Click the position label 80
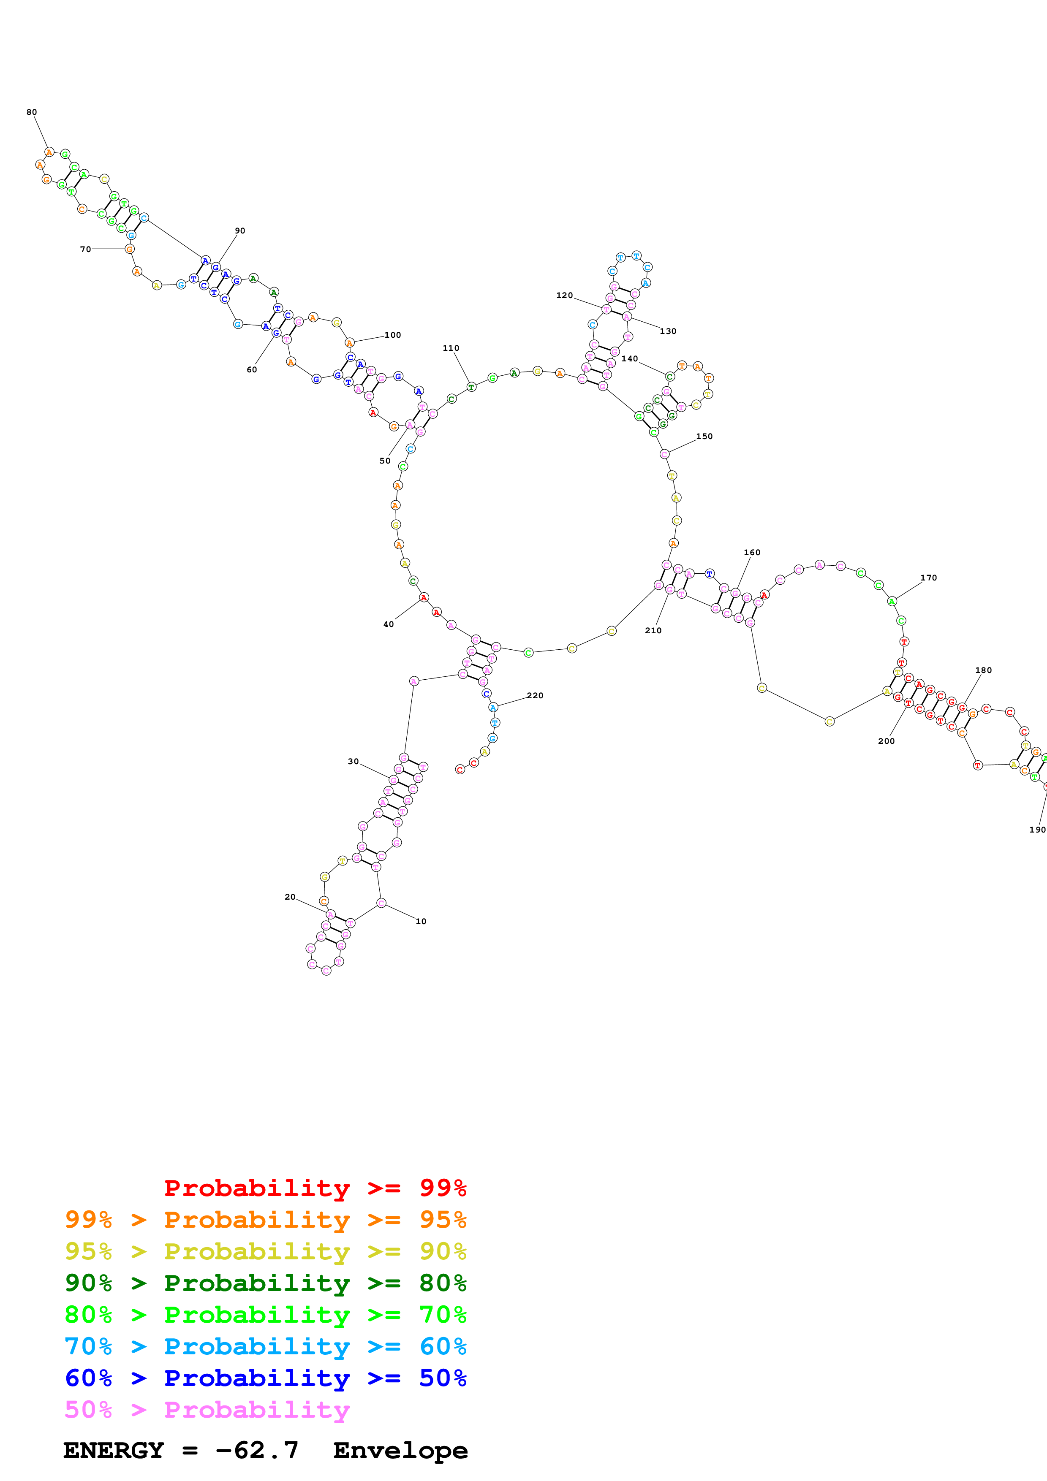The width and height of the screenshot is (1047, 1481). (32, 112)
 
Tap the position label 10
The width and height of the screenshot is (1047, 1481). (421, 921)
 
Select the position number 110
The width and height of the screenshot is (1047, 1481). (451, 348)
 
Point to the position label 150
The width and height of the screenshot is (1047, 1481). (704, 436)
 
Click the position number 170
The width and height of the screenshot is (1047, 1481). (928, 578)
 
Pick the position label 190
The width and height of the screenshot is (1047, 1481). (1037, 830)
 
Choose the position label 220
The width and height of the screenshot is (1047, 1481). (535, 695)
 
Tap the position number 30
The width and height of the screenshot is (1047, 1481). (354, 761)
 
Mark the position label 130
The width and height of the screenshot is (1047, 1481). (668, 331)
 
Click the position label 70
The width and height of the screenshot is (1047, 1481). (85, 249)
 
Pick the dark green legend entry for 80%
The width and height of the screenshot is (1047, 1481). (265, 1283)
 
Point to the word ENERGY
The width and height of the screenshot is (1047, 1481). (114, 1451)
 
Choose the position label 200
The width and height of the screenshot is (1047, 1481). (887, 741)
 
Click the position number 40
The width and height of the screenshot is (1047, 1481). (389, 624)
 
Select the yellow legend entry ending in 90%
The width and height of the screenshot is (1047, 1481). (265, 1251)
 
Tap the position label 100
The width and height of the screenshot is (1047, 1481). (392, 335)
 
